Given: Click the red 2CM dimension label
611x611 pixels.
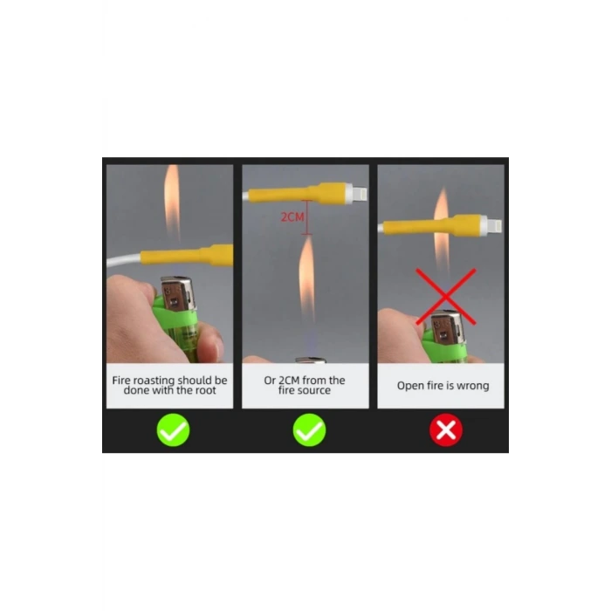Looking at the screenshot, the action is [x=292, y=216].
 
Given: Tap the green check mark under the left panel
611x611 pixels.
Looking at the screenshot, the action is [x=173, y=430].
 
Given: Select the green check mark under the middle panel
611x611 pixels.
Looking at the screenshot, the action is [x=309, y=430].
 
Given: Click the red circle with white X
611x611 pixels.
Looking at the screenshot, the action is [x=446, y=430].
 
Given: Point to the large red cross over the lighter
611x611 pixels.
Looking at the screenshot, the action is [x=446, y=297].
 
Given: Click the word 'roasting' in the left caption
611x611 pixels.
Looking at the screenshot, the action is [x=154, y=381].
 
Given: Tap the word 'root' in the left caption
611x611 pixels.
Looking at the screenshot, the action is [x=205, y=390].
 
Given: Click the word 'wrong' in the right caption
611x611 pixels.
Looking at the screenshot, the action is [x=473, y=386].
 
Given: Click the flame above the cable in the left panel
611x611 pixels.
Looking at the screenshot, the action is [x=171, y=202].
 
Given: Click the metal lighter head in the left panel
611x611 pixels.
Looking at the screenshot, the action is [x=177, y=294].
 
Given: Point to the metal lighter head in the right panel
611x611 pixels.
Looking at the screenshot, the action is [x=448, y=327].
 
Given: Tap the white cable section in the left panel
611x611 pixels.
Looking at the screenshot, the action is [x=124, y=259].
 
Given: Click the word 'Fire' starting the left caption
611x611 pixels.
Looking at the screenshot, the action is [x=121, y=381].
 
